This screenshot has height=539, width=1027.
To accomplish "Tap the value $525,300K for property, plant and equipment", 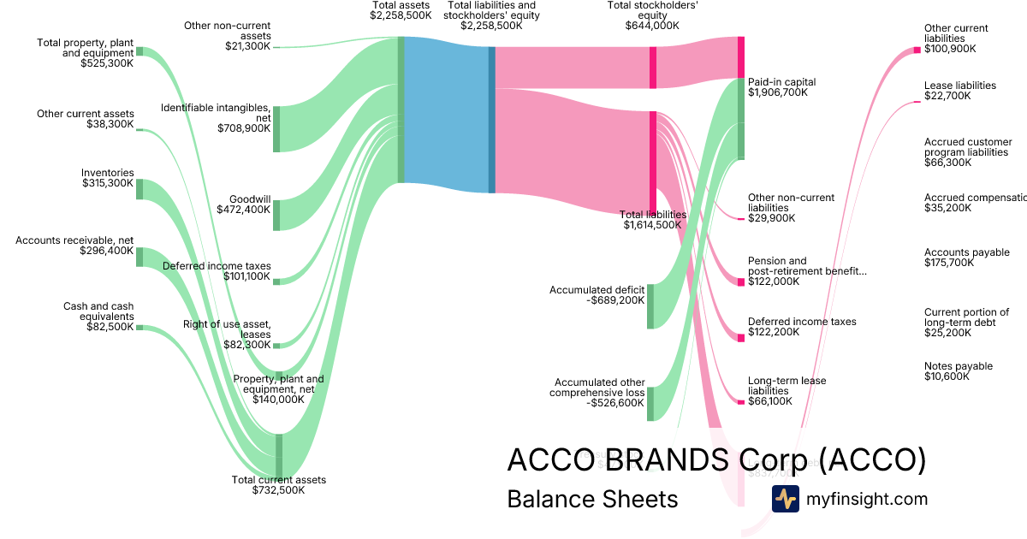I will click(108, 63).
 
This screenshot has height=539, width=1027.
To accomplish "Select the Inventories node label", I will click(108, 173).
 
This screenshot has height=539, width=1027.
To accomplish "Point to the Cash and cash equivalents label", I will click(98, 311).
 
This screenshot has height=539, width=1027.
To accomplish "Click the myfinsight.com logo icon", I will click(785, 499).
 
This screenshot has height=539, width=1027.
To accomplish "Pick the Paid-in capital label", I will click(781, 82).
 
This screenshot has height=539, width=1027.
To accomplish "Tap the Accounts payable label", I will click(966, 252).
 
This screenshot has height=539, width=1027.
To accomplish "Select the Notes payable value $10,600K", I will click(947, 376).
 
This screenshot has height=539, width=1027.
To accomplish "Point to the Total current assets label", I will click(279, 480).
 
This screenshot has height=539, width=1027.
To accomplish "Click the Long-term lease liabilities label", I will click(787, 386).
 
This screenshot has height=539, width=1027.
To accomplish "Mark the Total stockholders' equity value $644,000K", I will click(652, 26).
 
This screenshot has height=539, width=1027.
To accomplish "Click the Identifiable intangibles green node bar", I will click(276, 129).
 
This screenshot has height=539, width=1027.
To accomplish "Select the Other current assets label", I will click(86, 114).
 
